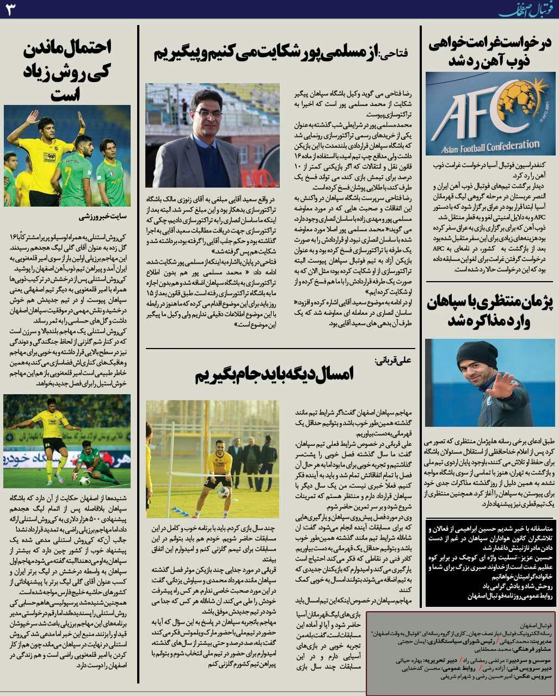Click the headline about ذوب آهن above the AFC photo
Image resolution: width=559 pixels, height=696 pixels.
click(x=490, y=53)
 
